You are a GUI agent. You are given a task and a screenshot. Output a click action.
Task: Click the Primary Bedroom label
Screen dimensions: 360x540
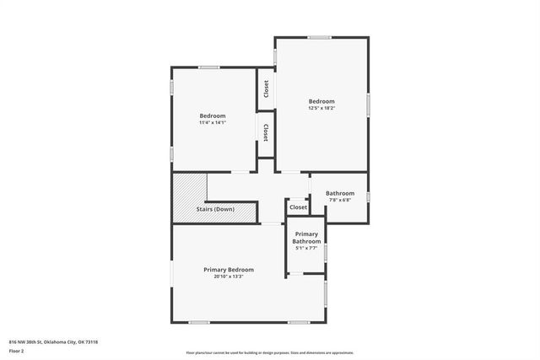[x=228, y=270]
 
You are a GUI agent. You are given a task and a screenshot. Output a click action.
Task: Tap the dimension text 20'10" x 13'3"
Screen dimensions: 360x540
[x=228, y=277]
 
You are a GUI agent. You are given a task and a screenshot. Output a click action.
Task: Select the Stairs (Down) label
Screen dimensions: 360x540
[x=215, y=209]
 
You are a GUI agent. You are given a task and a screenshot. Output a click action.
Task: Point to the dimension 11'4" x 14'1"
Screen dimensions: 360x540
[x=212, y=123]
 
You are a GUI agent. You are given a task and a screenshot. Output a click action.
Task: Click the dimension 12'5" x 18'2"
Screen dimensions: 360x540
[x=321, y=108]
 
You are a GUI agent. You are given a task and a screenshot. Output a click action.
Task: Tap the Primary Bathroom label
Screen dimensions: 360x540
[x=306, y=238]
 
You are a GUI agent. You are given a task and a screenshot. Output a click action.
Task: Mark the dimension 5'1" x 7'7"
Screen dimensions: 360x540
[x=306, y=248]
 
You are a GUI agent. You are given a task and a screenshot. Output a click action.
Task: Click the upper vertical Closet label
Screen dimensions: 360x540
[x=266, y=89]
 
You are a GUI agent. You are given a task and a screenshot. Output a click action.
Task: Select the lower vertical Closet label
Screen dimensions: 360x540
[x=266, y=132]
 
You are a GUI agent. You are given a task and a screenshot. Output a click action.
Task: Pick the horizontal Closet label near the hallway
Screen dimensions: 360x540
[x=299, y=207]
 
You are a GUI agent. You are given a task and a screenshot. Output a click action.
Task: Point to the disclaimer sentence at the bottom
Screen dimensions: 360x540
[x=270, y=352]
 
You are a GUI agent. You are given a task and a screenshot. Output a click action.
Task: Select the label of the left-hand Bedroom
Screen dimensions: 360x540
[x=212, y=116]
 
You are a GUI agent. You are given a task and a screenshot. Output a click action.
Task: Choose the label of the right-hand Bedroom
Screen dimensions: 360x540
[x=321, y=101]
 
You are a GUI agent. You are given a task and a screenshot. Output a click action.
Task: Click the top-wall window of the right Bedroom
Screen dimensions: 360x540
[x=319, y=37]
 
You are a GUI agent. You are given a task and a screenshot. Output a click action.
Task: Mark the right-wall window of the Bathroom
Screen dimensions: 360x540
[x=368, y=197]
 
